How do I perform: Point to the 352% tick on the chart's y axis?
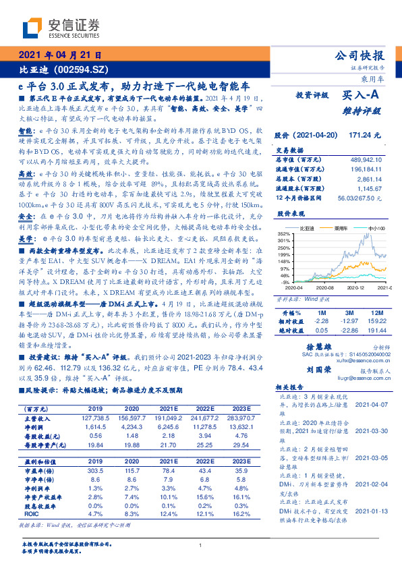tap(283, 233)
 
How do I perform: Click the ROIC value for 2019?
tap(94, 513)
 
